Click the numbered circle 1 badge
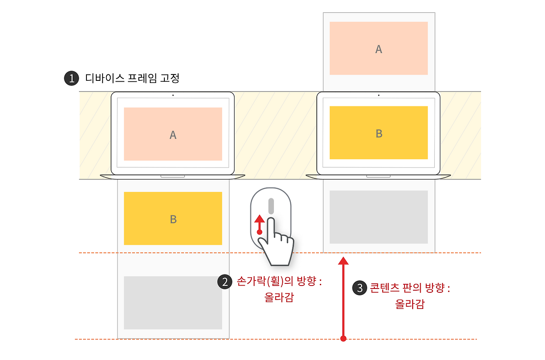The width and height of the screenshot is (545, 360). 72,78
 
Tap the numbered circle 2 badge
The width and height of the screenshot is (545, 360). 224,282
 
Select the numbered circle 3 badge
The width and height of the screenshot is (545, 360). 360,288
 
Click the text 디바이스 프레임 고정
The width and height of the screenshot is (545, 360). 132,78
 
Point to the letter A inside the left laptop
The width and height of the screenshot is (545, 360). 173,135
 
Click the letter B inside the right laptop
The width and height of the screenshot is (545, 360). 379,134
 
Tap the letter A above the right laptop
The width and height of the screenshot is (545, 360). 379,49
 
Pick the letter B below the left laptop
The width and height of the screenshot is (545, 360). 173,219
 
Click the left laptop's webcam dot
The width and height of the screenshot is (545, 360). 173,95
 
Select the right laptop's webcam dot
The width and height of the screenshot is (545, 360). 379,95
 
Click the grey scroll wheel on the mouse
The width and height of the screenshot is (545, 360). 271,206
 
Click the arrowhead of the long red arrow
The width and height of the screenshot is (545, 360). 343,261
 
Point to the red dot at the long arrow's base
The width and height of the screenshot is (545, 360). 343,339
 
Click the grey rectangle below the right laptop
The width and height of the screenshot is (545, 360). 379,217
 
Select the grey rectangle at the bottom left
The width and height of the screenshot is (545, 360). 173,303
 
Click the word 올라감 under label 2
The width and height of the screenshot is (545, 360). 279,297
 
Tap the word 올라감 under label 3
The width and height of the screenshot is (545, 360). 410,304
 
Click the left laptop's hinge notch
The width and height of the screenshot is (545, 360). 172,176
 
